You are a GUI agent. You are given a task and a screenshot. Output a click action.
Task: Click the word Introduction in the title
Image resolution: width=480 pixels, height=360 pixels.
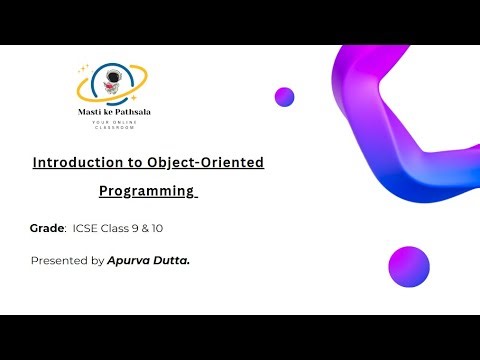tap(74, 161)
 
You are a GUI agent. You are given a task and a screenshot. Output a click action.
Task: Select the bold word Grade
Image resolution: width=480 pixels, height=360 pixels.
tap(47, 229)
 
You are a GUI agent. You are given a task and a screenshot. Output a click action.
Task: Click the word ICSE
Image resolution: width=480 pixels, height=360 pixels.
tap(84, 229)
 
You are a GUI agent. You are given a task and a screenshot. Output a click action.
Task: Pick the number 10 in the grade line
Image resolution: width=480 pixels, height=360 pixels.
tap(156, 229)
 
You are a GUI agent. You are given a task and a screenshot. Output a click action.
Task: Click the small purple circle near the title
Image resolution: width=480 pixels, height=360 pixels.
tap(284, 97)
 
